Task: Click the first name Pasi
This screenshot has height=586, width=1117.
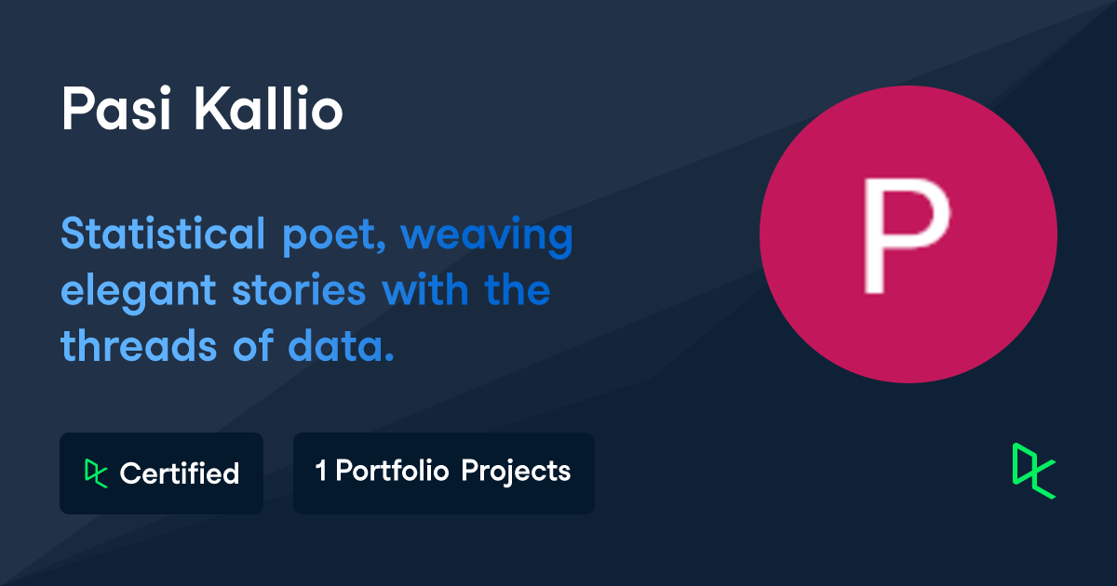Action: (x=116, y=108)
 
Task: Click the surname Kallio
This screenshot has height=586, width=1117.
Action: (x=268, y=108)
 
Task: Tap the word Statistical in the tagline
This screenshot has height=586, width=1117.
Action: (x=163, y=233)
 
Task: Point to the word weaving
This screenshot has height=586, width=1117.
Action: (x=487, y=236)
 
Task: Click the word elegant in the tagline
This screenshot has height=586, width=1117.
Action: (x=139, y=292)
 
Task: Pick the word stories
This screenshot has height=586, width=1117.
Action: (x=299, y=290)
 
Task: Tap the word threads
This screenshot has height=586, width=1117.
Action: (x=139, y=345)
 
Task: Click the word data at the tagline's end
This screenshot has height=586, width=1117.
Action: (x=341, y=345)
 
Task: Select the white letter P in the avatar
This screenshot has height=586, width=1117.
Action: (x=907, y=235)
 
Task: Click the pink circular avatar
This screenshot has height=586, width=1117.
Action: (x=908, y=234)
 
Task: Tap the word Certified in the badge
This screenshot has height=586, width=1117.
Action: (x=180, y=473)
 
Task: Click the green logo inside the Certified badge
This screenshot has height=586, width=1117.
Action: (x=96, y=473)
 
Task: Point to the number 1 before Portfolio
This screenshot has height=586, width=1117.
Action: (x=321, y=471)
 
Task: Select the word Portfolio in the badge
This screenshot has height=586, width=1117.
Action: (x=393, y=471)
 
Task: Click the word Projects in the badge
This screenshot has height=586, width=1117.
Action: (x=516, y=472)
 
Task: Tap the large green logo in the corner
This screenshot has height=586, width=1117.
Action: (x=1034, y=471)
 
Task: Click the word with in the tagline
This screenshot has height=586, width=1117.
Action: (x=425, y=289)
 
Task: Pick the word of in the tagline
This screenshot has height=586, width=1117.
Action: (x=253, y=344)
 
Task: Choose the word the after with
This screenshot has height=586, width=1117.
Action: (x=518, y=289)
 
